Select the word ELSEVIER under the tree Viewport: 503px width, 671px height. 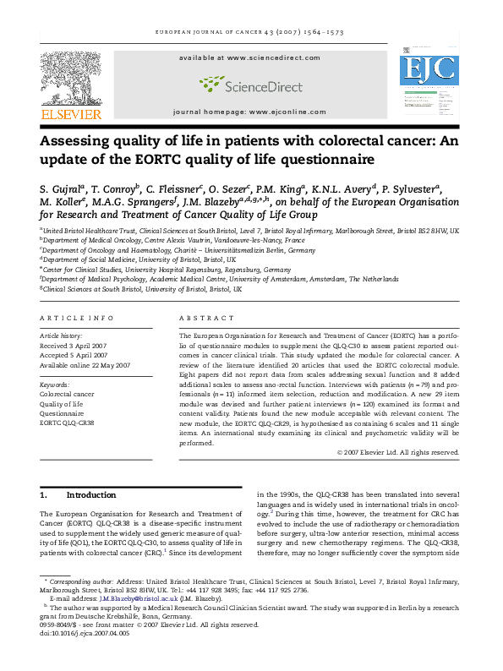click(x=72, y=114)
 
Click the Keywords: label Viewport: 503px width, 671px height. click(x=55, y=385)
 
